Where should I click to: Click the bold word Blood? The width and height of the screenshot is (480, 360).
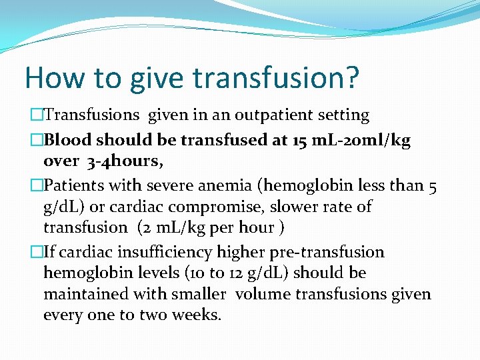point(67,141)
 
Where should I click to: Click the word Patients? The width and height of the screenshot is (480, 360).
point(73,186)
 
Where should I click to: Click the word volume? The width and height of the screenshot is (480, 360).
point(263,293)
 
